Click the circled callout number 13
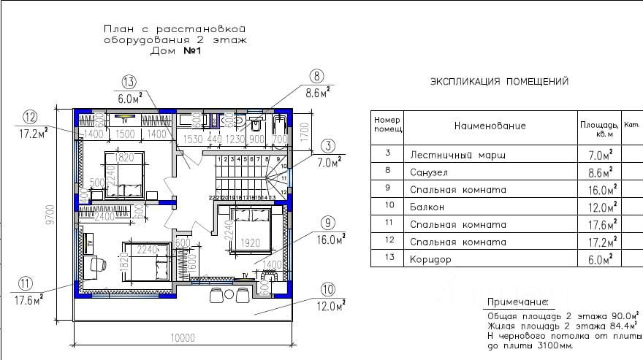tap(129, 81)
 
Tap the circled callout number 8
tap(316, 76)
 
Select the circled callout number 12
tap(30, 117)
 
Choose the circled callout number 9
tap(327, 222)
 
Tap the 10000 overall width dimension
tap(183, 337)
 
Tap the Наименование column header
tap(490, 126)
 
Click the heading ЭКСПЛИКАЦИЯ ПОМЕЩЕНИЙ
tap(499, 81)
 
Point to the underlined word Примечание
tap(517, 302)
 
